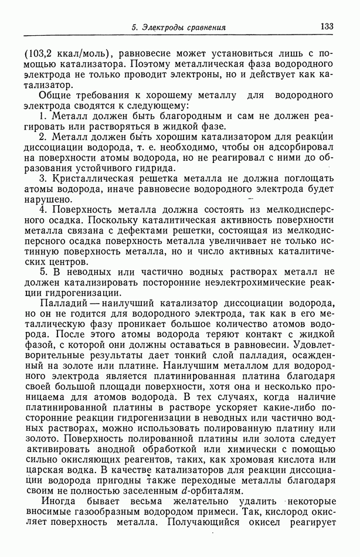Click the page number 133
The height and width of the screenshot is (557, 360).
point(327,27)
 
